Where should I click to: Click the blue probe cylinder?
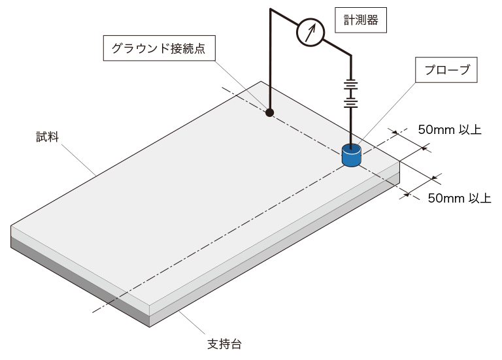tap(352, 156)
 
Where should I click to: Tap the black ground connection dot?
tap(269, 112)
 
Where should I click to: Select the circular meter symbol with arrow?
tap(310, 32)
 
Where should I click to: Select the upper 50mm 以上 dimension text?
tap(449, 129)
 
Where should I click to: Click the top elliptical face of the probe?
tap(352, 150)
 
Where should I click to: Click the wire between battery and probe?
tap(352, 127)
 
